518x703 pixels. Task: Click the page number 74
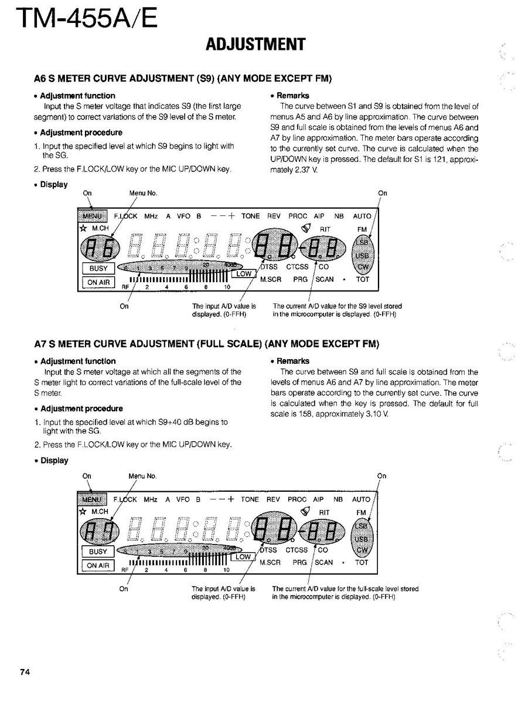(24, 672)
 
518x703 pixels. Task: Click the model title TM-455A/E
(86, 19)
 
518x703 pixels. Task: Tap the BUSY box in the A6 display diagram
(98, 268)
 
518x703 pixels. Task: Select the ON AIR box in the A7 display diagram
(98, 565)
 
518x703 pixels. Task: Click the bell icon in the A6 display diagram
(304, 228)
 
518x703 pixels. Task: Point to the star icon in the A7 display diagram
(83, 511)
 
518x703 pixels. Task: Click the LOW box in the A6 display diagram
(244, 273)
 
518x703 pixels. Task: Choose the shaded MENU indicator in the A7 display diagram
(92, 499)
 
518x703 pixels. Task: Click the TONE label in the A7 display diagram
(250, 499)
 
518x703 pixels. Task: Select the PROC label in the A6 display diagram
(298, 216)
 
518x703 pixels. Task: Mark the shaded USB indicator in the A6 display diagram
(362, 255)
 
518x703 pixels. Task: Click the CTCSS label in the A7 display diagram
(297, 550)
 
